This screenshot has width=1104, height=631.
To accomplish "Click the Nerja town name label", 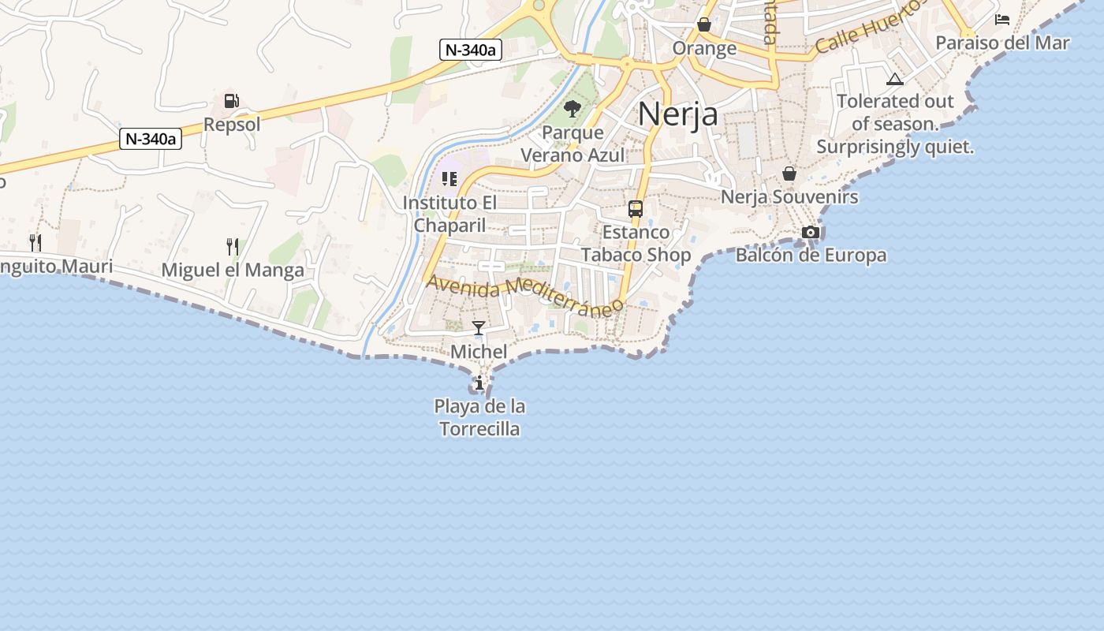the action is (x=678, y=114).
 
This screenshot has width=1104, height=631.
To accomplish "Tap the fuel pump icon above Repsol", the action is (x=232, y=101).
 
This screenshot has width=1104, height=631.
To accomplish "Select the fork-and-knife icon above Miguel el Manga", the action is (x=233, y=247).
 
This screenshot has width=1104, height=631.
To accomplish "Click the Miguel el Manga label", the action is (x=233, y=271).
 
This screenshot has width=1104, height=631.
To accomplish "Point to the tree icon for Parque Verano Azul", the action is (x=573, y=109).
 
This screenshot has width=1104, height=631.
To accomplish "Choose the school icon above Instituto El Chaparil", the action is (x=449, y=179).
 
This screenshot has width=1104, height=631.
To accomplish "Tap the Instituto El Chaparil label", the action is (x=450, y=214).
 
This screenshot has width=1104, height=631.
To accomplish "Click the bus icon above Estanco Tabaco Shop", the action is (x=636, y=209).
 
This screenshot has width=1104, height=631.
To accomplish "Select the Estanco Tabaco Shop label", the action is (x=636, y=244).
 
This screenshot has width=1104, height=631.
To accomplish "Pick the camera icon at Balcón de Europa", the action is (x=810, y=232).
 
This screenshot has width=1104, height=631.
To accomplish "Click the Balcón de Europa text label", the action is (x=811, y=256).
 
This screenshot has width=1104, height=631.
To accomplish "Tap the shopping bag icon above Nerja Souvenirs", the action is (x=789, y=174).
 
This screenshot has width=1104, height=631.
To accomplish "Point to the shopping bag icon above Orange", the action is (x=704, y=25).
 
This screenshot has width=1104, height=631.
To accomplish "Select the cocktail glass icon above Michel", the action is (x=479, y=328).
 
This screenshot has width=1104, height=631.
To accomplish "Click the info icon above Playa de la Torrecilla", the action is (x=479, y=383).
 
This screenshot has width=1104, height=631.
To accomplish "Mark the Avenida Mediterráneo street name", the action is (x=525, y=296).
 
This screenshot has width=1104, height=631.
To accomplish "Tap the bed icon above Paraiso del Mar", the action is (x=1002, y=20).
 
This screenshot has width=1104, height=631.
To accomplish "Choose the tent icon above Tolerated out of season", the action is (x=894, y=79).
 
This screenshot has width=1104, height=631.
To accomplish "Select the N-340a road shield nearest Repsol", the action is (x=151, y=139).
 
